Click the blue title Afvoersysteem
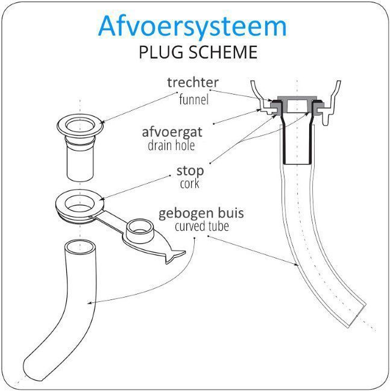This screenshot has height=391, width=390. click(192, 27)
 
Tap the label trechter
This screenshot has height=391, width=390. click(193, 83)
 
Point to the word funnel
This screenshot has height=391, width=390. click(194, 99)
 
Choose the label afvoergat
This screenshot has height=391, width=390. click(172, 133)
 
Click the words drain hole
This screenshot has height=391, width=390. click(171, 145)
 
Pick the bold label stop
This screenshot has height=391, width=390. click(190, 171)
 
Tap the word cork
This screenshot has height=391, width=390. click(190, 184)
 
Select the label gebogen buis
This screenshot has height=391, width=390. click(201, 213)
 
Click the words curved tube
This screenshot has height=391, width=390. click(202, 226)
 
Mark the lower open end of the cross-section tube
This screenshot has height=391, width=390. click(357, 316)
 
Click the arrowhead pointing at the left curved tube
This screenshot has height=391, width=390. click(89, 303)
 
